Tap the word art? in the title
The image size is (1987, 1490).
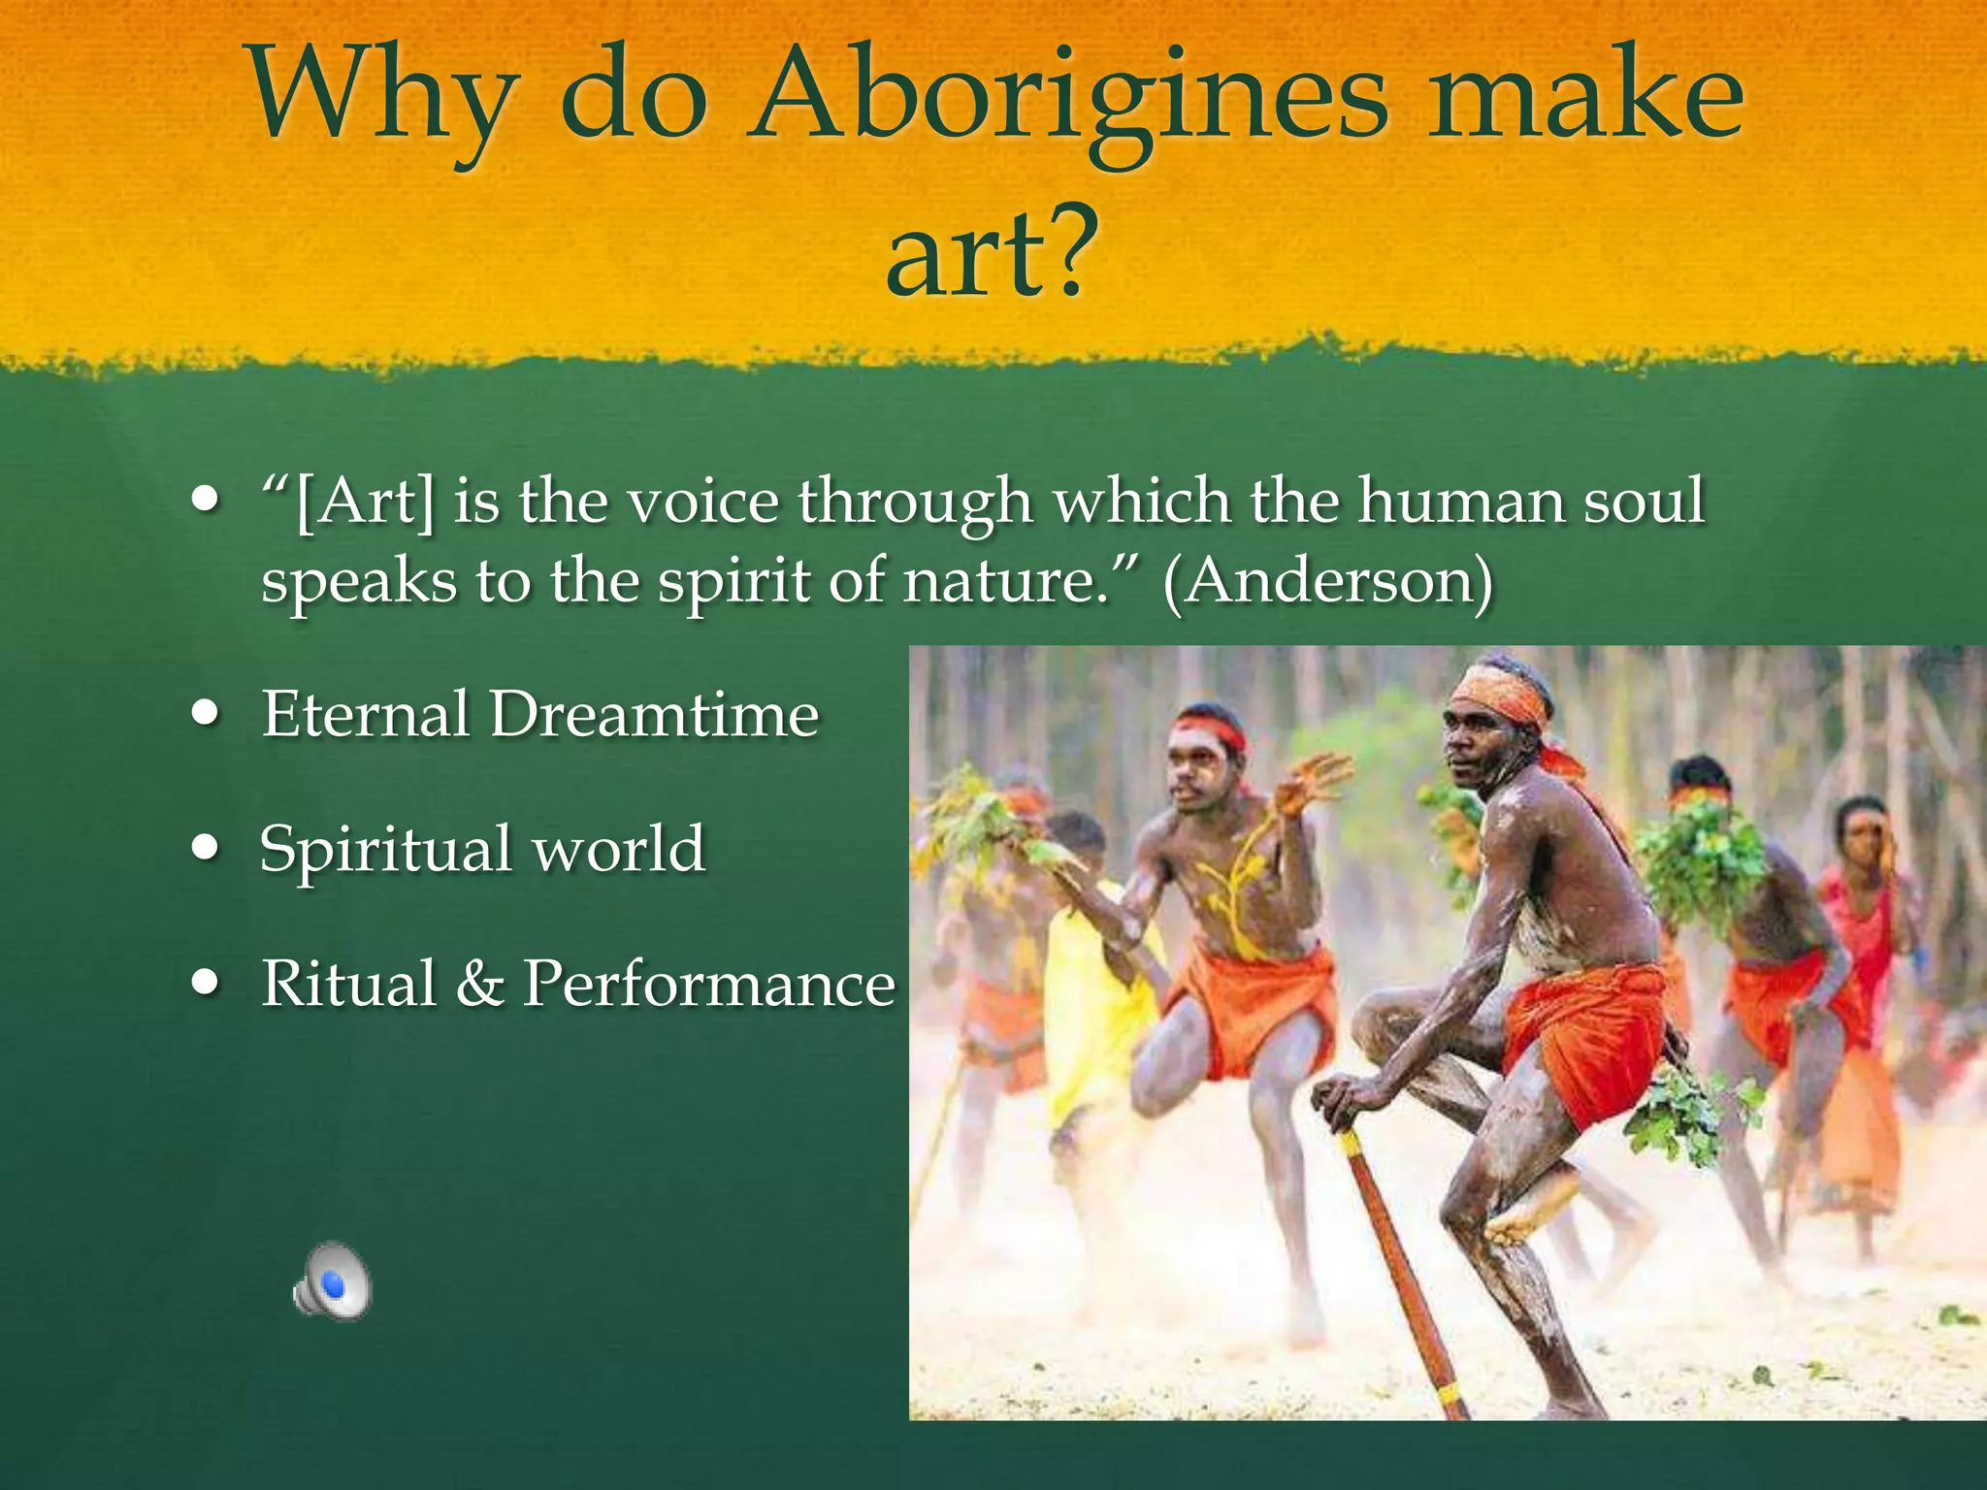(992, 254)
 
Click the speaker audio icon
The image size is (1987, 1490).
(332, 1281)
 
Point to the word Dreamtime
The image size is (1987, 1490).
(654, 715)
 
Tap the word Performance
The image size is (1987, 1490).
(708, 984)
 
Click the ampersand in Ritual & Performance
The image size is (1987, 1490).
(479, 984)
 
